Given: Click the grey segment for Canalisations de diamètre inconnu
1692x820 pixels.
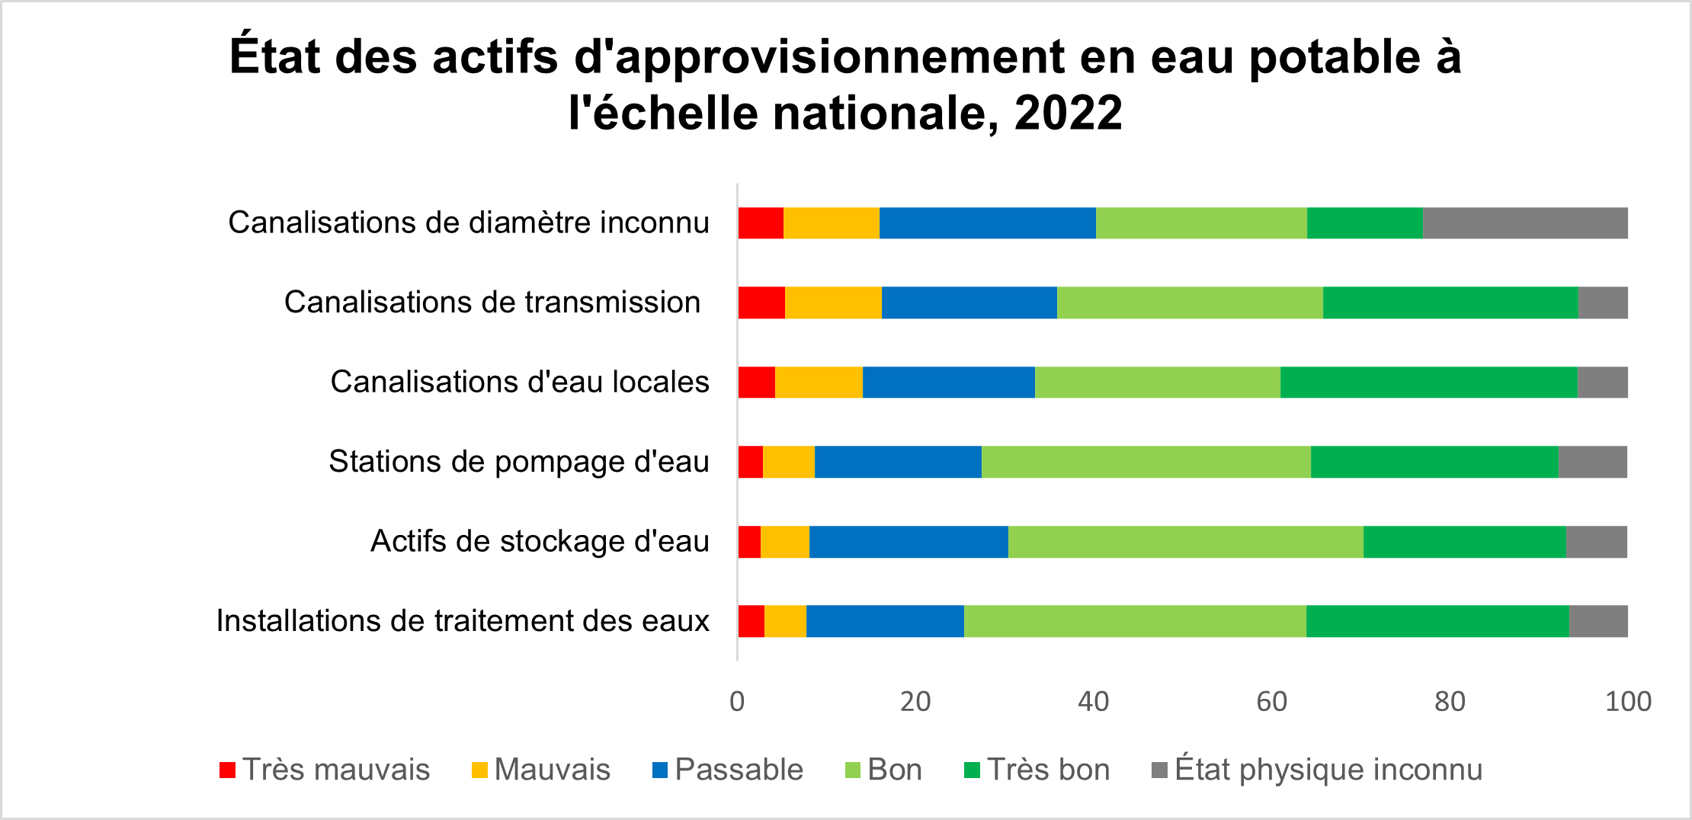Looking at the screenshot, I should point(1525,223).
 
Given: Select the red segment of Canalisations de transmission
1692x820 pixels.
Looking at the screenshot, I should point(761,303).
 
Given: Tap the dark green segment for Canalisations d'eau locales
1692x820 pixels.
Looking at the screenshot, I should point(1428,382).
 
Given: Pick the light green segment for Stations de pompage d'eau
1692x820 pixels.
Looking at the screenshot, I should point(1146,462).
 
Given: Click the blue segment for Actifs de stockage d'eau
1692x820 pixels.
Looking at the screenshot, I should point(908,542).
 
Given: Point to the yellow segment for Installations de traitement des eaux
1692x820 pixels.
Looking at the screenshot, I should point(785,621).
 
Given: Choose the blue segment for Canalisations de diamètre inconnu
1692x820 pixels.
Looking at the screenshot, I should point(987,223).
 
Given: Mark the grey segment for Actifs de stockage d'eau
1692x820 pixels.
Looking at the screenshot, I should point(1597,542).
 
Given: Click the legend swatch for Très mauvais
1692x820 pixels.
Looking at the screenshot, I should point(227,770).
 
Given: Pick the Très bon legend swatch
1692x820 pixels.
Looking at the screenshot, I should point(972,770).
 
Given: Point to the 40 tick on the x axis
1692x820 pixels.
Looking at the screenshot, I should point(1093,701).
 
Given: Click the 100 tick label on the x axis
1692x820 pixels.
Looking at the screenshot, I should point(1628,701).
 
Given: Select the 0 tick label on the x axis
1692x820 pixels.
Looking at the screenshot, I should point(737,701).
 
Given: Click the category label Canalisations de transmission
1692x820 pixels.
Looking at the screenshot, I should point(492,303).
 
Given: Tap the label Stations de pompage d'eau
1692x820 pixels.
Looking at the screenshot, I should point(519,462).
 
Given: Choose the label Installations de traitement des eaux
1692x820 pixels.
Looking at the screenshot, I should point(463,621).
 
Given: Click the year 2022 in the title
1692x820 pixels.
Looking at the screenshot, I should point(1068,113).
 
